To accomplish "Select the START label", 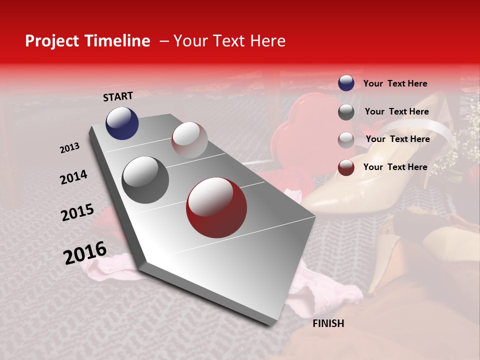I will coord(118,96).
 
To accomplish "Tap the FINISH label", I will coord(328,323).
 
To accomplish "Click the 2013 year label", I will coord(70,148).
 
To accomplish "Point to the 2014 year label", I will coord(73,177).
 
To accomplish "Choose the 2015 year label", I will coord(77,212).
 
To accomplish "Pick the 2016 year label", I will coord(85,253).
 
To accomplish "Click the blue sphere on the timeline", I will coord(122,123).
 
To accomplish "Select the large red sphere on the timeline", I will coord(216,207).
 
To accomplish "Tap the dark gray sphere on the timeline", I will coord(145,180).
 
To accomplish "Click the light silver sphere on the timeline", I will coord(189,140).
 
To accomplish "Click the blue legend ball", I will coord(346,83).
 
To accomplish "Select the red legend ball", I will coord(346,167).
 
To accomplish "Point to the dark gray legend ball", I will coord(346,112).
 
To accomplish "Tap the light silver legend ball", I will coord(346,140).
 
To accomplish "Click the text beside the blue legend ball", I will coord(395,83).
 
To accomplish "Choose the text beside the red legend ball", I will coord(395,167).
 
